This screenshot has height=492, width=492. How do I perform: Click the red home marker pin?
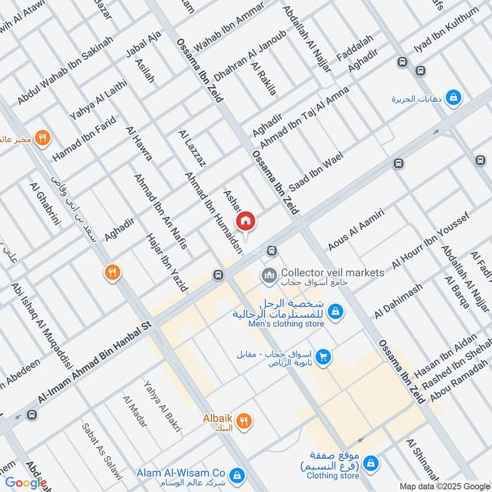point(246,220)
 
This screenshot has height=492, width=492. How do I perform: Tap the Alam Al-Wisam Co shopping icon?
point(236,475)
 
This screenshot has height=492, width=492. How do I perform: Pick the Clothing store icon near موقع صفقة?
point(370,461)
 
